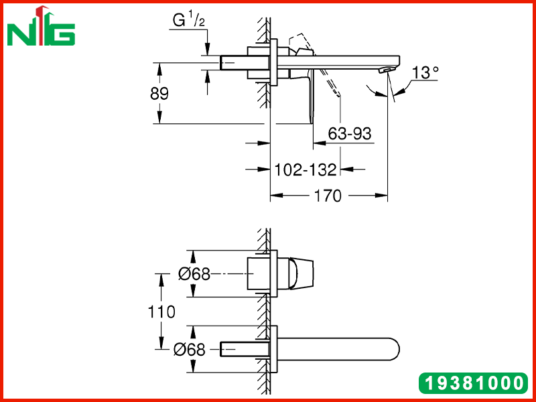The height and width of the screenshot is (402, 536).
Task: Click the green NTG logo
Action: (41, 26)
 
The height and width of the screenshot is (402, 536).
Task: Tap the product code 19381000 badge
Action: (473, 383)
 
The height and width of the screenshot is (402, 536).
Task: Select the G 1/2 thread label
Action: (189, 20)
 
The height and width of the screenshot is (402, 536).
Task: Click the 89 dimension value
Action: (159, 93)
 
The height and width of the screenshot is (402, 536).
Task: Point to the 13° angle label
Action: (425, 72)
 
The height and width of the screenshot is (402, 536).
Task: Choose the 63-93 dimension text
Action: (349, 133)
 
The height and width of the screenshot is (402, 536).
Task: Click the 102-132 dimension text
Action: (306, 170)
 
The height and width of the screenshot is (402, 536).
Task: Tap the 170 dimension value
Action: (328, 196)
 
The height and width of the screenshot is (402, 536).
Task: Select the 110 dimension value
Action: (161, 312)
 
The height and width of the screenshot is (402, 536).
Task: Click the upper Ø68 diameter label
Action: (194, 274)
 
